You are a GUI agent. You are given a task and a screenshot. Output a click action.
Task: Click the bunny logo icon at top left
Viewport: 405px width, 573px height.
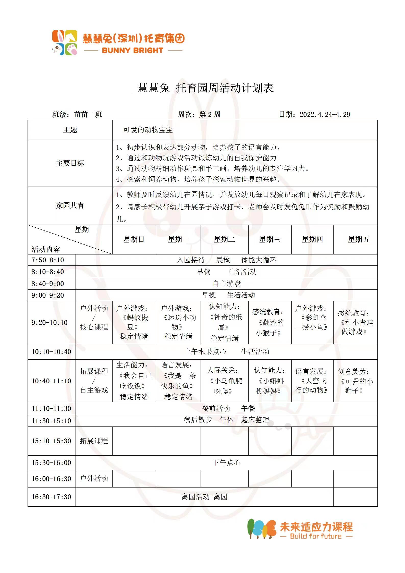pyautogui.click(x=65, y=43)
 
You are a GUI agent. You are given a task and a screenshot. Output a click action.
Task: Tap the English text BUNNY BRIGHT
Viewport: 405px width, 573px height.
pyautogui.click(x=132, y=50)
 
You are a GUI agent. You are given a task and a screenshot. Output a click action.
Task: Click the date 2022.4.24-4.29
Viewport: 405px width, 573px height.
pyautogui.click(x=325, y=114)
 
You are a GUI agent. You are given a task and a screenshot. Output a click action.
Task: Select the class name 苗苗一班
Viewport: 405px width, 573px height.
pyautogui.click(x=88, y=114)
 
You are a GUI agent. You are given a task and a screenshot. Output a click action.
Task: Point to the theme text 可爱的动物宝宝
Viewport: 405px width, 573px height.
pyautogui.click(x=148, y=130)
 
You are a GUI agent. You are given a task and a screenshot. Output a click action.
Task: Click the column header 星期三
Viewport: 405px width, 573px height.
pyautogui.click(x=270, y=239)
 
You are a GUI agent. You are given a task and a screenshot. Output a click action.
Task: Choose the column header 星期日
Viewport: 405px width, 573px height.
pyautogui.click(x=134, y=239)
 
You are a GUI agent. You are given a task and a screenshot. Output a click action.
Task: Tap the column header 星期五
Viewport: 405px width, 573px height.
pyautogui.click(x=359, y=239)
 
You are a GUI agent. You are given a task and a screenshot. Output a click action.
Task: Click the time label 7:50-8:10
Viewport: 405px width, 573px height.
pyautogui.click(x=48, y=260)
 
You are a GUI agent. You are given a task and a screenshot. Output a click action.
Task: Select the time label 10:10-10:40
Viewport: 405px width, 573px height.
pyautogui.click(x=51, y=352)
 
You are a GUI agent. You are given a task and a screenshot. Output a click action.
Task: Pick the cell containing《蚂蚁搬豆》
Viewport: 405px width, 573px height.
pyautogui.click(x=134, y=322)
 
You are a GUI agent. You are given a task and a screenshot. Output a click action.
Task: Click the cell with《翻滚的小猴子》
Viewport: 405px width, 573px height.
pyautogui.click(x=270, y=323)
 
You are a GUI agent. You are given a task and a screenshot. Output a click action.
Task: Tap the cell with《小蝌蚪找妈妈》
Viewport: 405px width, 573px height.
pyautogui.click(x=270, y=381)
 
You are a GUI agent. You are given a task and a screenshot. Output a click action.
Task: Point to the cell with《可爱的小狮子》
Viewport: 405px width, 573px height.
pyautogui.click(x=355, y=381)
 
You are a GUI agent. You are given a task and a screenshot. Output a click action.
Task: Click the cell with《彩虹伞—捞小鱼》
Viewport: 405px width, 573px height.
pyautogui.click(x=312, y=322)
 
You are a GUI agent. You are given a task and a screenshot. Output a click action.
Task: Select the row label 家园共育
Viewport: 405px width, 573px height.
pyautogui.click(x=70, y=206)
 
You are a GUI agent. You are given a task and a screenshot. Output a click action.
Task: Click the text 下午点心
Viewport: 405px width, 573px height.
pyautogui.click(x=227, y=462)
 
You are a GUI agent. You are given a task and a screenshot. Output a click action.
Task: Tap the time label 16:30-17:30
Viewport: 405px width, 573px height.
pyautogui.click(x=51, y=497)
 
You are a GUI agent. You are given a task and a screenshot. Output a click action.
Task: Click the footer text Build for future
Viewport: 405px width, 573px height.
pyautogui.click(x=316, y=536)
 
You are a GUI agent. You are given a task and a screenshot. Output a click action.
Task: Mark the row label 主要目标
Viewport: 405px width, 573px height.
pyautogui.click(x=70, y=163)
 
